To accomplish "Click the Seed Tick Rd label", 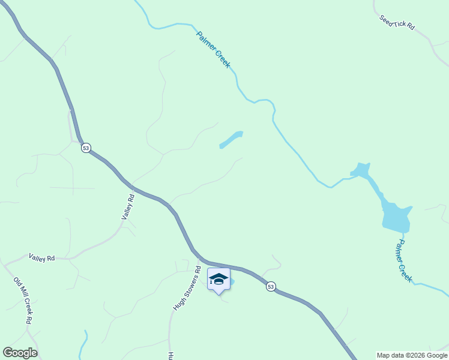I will pos(397,22).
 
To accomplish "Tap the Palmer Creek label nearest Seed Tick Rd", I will pos(213,49).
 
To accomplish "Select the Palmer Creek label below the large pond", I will pos(405,261).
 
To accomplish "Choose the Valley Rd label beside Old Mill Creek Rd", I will pos(41,257).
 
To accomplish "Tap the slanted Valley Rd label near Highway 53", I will pos(127,206).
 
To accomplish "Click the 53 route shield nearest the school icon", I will pos(271,287).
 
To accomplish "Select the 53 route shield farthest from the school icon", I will pos(86,148).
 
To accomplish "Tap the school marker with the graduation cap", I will pos(219,280).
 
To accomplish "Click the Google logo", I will pos(20,353).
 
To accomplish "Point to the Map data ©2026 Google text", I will pos(412,355).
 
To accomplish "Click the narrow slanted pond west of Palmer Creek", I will pos(231,140).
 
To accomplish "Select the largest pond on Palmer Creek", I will pos(396,217).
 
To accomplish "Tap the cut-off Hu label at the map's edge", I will pos(170,355).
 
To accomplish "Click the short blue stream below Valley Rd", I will pos(84,344).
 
